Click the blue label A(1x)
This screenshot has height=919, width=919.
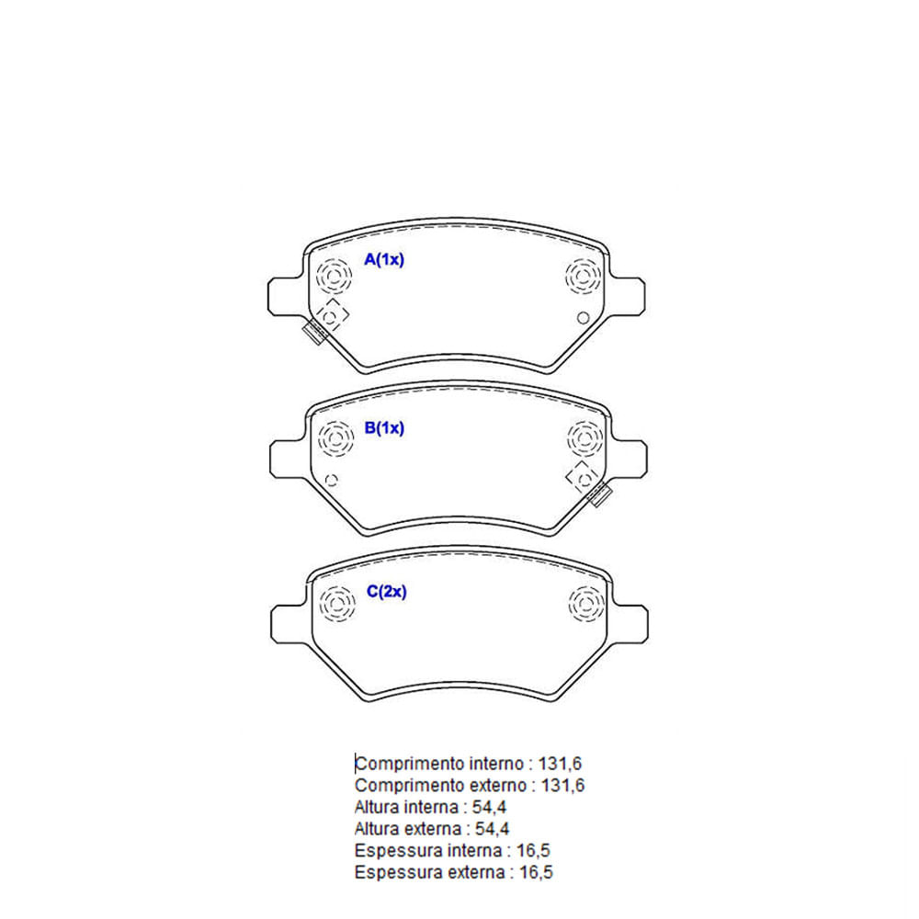coord(384,259)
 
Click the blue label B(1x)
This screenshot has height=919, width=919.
coord(384,428)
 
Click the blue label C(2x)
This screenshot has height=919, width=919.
coord(386,591)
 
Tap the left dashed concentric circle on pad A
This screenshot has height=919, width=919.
coord(334,276)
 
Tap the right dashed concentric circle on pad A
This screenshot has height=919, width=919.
coord(584,276)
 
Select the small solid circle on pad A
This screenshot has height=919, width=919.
coord(583,318)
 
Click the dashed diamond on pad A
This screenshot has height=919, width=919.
coord(331,316)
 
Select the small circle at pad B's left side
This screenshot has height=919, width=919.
coord(331,481)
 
